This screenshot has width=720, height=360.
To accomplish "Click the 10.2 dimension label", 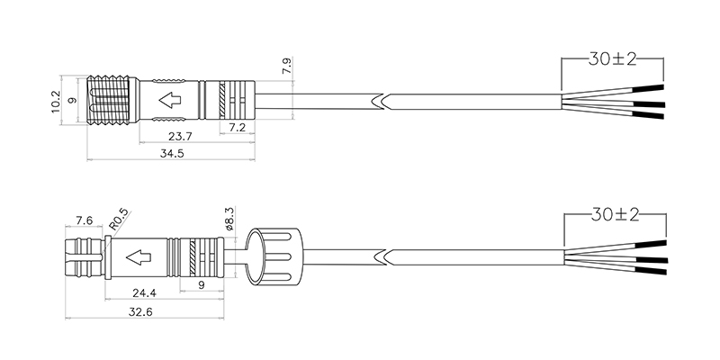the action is [x=56, y=102].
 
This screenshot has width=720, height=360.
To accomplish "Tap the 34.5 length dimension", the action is [x=172, y=153].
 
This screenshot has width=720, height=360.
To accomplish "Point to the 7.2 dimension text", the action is [x=237, y=128].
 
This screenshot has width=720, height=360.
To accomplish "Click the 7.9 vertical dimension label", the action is [x=286, y=66].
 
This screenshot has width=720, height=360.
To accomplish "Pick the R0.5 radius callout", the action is [x=118, y=220].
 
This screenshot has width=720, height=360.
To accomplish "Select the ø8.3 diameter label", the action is [x=229, y=218].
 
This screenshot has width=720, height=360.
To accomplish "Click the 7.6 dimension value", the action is [x=84, y=220].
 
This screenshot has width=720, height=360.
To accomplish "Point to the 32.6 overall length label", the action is [x=140, y=312].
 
